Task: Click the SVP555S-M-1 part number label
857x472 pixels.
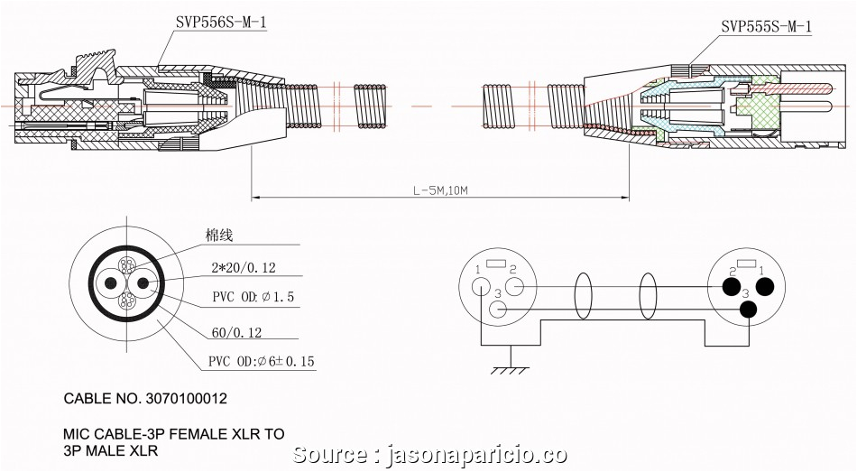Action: coord(766,27)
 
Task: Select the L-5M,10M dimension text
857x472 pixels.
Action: coord(441,190)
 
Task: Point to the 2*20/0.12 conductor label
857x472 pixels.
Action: coord(244,268)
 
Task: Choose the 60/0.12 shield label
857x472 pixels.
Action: coord(236,332)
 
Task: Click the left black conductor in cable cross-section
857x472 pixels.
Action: coord(111,282)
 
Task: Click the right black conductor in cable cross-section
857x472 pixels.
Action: coord(142,282)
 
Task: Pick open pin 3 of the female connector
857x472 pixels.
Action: coord(498,310)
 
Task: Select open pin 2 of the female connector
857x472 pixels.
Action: coord(514,288)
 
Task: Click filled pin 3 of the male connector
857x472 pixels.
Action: coord(747,310)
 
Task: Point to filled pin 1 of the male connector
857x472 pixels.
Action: coord(765,288)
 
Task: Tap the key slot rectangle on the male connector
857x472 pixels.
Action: coord(747,264)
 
